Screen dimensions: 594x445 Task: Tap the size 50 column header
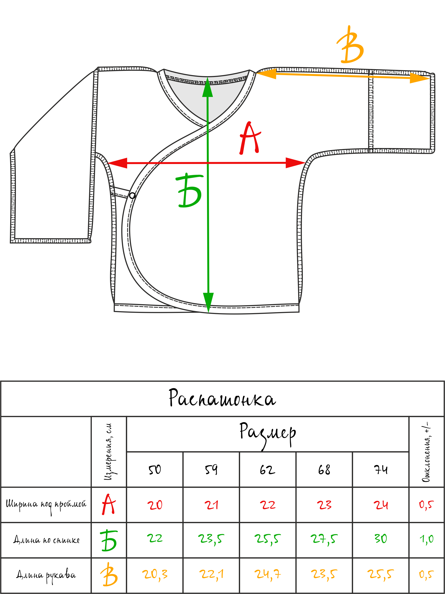(155, 470)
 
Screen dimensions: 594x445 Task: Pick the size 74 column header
(381, 470)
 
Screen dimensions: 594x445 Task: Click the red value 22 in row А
(267, 505)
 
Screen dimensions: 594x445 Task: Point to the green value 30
(381, 539)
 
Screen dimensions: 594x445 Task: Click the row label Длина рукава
(46, 575)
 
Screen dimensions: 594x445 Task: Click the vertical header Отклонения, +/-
(427, 452)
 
